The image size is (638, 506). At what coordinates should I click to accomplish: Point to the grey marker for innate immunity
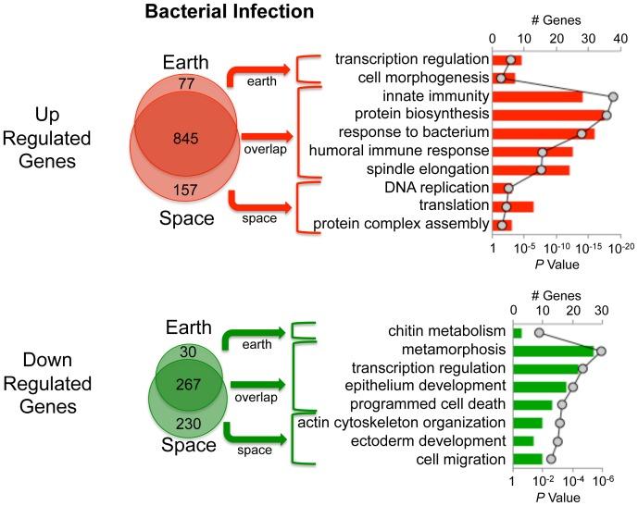pos(612,96)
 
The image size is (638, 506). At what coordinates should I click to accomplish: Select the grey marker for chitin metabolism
pos(539,332)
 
